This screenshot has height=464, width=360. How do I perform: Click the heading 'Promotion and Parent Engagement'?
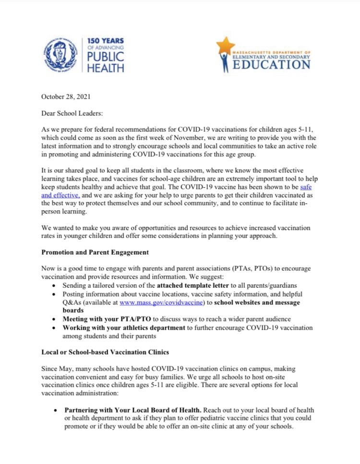tap(95, 252)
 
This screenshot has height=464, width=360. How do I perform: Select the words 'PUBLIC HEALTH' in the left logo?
tap(106, 62)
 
